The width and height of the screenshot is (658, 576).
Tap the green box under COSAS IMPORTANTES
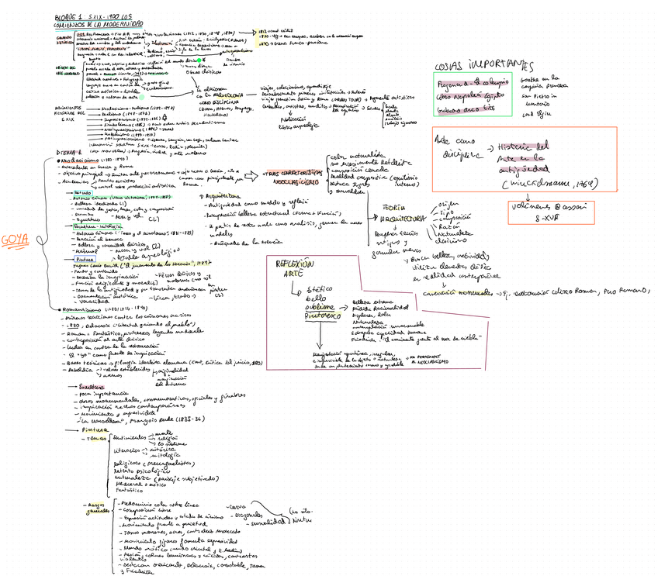point(473,94)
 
